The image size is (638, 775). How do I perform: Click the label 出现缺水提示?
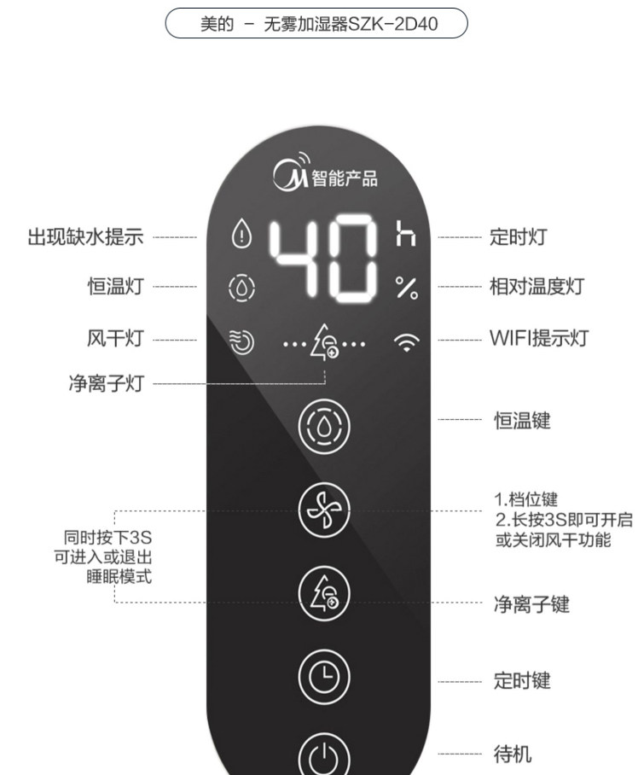(85, 236)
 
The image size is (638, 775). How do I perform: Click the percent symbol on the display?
(407, 288)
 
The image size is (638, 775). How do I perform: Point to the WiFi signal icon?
(407, 343)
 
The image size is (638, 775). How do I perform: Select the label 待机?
(513, 754)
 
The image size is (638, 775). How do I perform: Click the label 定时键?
(522, 680)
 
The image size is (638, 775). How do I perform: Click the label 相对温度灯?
(536, 286)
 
